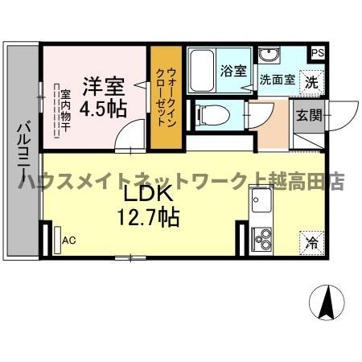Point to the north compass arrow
pyautogui.click(x=327, y=303)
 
